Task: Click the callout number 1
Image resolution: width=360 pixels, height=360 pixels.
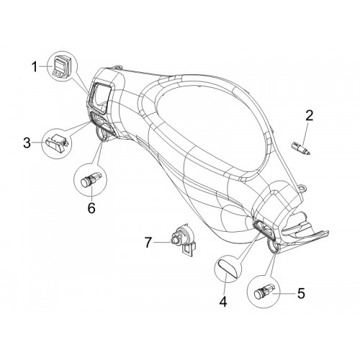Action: tap(35, 66)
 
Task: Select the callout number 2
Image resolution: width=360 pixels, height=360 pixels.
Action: tap(309, 115)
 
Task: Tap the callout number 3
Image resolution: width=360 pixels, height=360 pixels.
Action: tap(27, 143)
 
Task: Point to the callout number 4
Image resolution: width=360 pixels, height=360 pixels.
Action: tap(223, 301)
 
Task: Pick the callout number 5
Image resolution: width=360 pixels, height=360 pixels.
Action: tap(301, 293)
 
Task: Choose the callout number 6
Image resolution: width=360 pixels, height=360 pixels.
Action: tap(91, 207)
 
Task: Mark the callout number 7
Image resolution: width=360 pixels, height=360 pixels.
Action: tap(148, 243)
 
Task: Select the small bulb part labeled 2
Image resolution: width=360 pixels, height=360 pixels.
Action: tap(301, 148)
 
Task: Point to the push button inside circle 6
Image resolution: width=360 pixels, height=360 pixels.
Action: tap(91, 179)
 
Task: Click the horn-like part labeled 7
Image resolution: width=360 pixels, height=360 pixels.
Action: tap(184, 240)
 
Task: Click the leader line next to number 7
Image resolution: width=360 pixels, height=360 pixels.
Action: tap(162, 243)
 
